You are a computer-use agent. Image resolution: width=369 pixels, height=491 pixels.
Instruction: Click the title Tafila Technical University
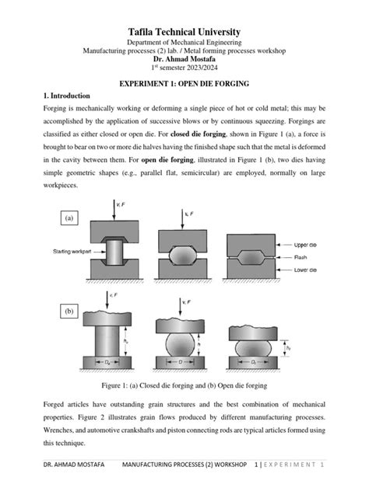184,28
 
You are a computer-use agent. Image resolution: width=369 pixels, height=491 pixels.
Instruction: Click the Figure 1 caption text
184,385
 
